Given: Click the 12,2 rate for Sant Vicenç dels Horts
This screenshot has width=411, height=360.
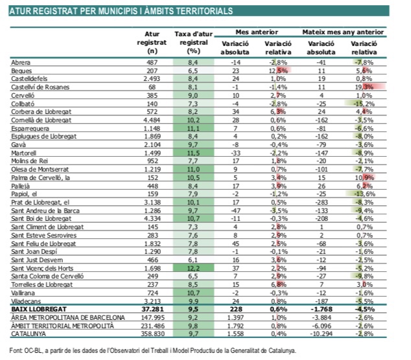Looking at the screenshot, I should [192, 267].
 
